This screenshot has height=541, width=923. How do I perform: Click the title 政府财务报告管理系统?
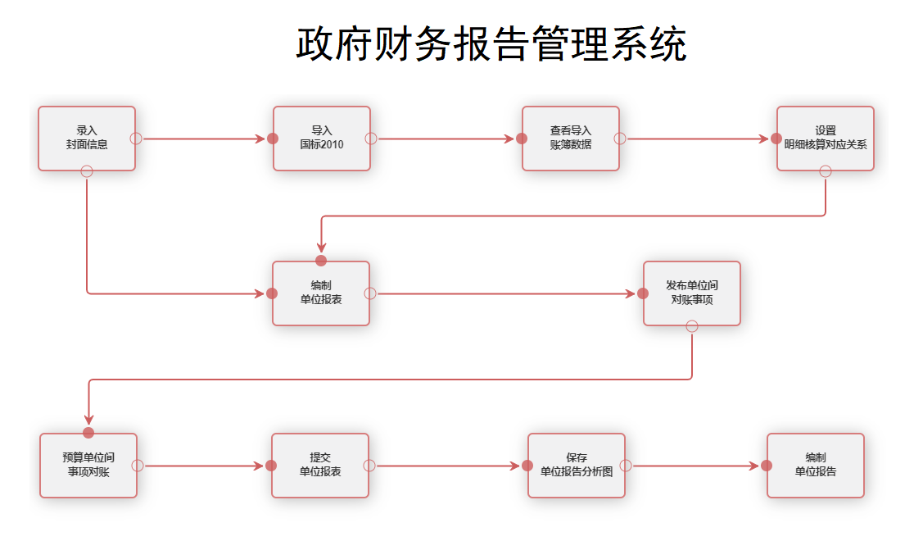[x=491, y=44]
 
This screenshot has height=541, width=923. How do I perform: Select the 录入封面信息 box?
[x=87, y=138]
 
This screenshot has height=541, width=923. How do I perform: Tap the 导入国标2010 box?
[x=322, y=138]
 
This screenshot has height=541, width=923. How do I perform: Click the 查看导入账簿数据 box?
[x=571, y=138]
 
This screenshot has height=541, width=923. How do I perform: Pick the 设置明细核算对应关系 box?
[x=826, y=138]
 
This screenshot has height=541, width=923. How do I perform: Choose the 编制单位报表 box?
[x=321, y=293]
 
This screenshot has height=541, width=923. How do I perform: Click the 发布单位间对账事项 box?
[x=692, y=293]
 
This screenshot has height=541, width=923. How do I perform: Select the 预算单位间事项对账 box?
[x=88, y=466]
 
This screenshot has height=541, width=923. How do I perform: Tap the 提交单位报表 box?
[x=320, y=466]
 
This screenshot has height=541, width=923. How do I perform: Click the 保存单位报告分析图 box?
[x=577, y=466]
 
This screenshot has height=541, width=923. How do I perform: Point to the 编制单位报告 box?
[x=816, y=466]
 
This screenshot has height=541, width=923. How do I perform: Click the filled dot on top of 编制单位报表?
[x=321, y=261]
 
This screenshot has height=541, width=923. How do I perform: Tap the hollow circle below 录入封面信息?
[x=87, y=170]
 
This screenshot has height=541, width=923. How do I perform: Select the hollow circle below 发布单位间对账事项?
[x=692, y=326]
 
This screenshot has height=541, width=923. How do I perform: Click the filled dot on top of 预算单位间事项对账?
[x=88, y=433]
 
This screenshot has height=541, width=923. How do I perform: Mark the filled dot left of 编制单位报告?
[x=767, y=466]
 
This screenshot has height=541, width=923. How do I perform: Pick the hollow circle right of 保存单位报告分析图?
[x=626, y=466]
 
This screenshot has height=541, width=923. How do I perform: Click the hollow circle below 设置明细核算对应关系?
[x=826, y=170]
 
